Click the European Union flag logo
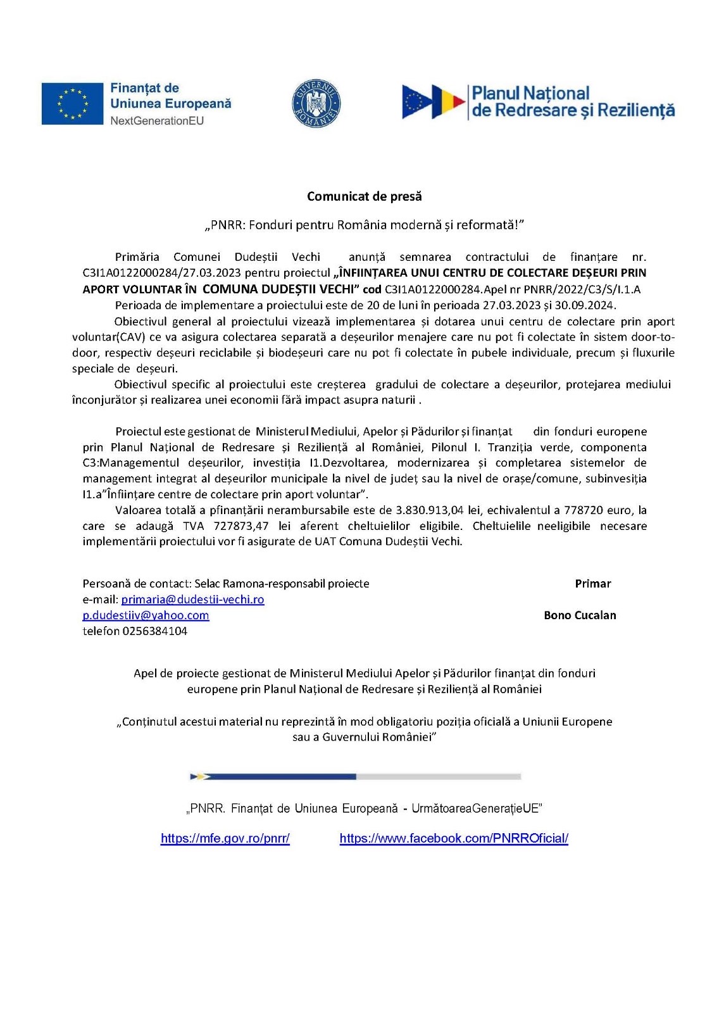pyautogui.click(x=72, y=103)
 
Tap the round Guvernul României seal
pyautogui.click(x=316, y=103)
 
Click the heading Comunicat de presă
pyautogui.click(x=364, y=196)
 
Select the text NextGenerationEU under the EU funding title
pyautogui.click(x=157, y=120)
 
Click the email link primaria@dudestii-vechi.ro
pyautogui.click(x=192, y=599)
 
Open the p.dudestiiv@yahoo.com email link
pyautogui.click(x=146, y=615)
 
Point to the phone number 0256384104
pyautogui.click(x=155, y=631)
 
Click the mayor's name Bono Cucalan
pyautogui.click(x=580, y=615)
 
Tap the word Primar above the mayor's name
pyautogui.click(x=592, y=583)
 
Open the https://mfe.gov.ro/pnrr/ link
pyautogui.click(x=225, y=838)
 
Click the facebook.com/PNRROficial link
pyautogui.click(x=454, y=838)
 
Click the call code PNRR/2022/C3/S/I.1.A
pyautogui.click(x=582, y=289)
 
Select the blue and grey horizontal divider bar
pyautogui.click(x=356, y=776)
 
